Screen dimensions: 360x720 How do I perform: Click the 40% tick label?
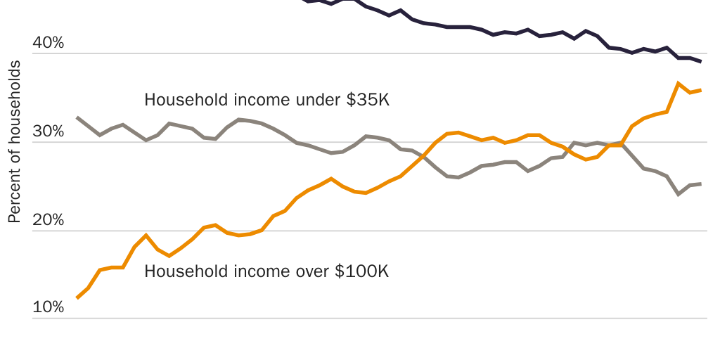pyautogui.click(x=48, y=44)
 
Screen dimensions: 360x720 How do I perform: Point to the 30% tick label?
pyautogui.click(x=48, y=132)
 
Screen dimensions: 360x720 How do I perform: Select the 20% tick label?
pyautogui.click(x=48, y=220)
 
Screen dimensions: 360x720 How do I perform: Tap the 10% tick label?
pyautogui.click(x=48, y=308)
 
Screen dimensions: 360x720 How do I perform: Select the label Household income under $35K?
pyautogui.click(x=266, y=100)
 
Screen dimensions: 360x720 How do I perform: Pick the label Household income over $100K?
pyautogui.click(x=266, y=271)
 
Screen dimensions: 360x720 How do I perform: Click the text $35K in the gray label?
pyautogui.click(x=368, y=100)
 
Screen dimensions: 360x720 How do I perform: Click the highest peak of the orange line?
pyautogui.click(x=679, y=83)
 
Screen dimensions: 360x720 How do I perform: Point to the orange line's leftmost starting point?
pyautogui.click(x=77, y=298)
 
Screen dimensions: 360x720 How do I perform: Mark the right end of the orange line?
pyautogui.click(x=701, y=90)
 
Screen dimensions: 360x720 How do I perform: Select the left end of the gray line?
pyautogui.click(x=77, y=117)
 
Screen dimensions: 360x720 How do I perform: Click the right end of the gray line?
pyautogui.click(x=701, y=184)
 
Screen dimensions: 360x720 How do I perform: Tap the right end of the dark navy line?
pyautogui.click(x=701, y=62)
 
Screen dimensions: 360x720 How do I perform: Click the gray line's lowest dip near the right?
pyautogui.click(x=679, y=194)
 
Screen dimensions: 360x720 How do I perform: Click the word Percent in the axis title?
pyautogui.click(x=14, y=200)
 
